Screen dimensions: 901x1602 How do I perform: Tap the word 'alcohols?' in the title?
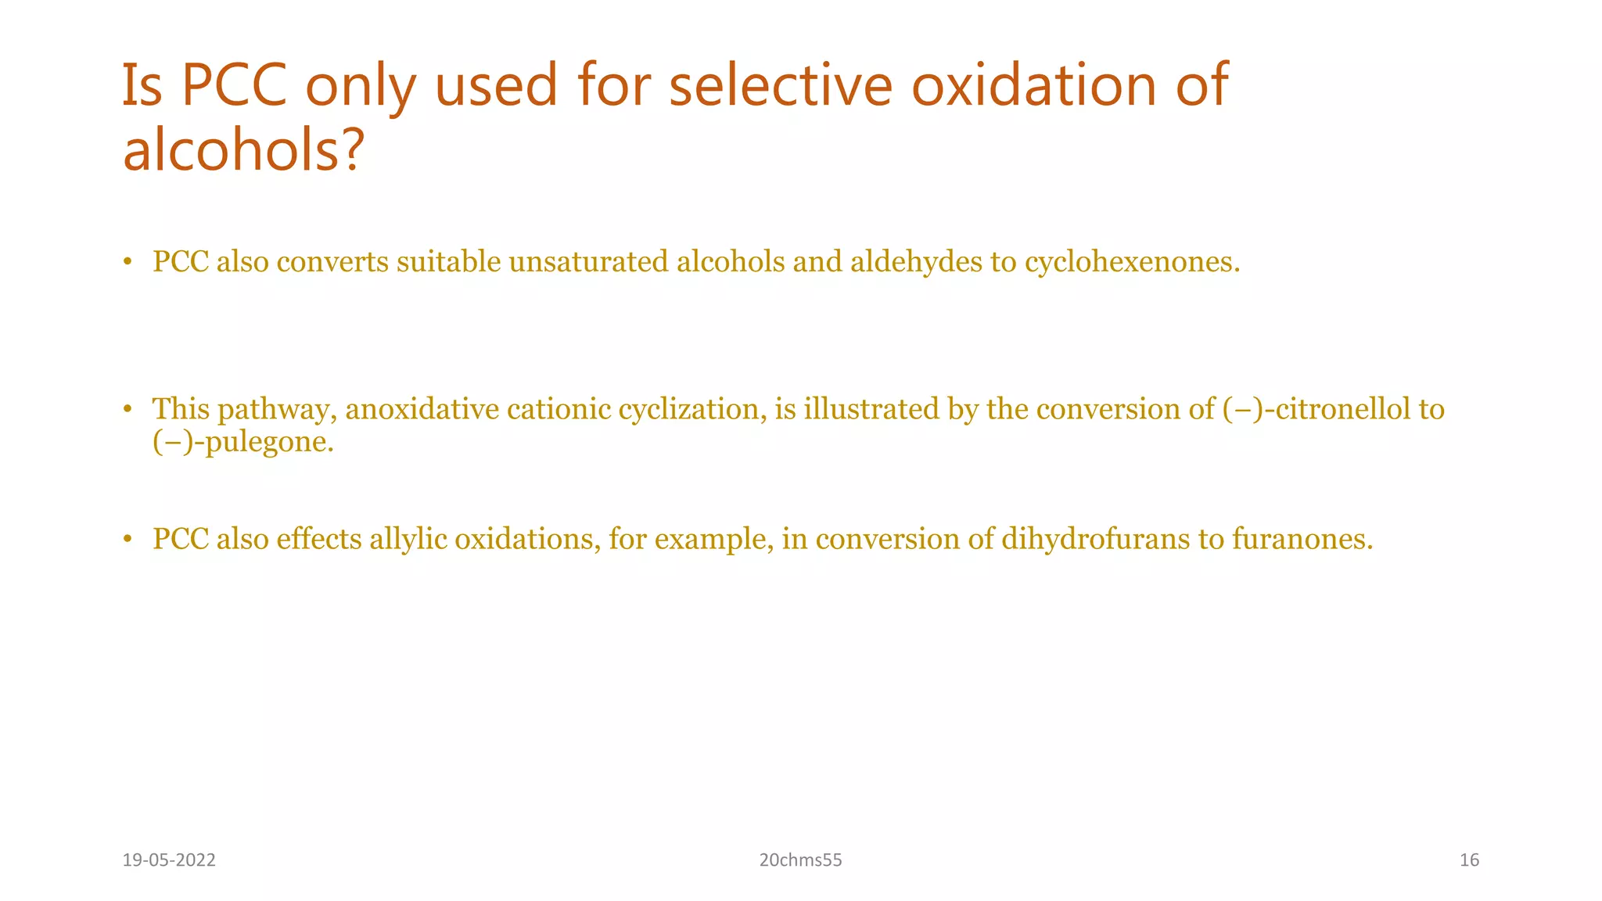point(243,150)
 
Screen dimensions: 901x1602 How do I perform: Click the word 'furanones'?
point(1299,539)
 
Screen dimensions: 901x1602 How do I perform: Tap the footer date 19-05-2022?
point(169,860)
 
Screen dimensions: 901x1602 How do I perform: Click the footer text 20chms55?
point(800,860)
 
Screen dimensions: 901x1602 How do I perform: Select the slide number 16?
point(1469,860)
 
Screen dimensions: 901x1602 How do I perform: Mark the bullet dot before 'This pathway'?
point(127,410)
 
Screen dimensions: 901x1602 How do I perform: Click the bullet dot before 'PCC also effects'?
point(127,540)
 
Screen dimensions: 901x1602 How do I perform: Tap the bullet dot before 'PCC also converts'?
point(127,263)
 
